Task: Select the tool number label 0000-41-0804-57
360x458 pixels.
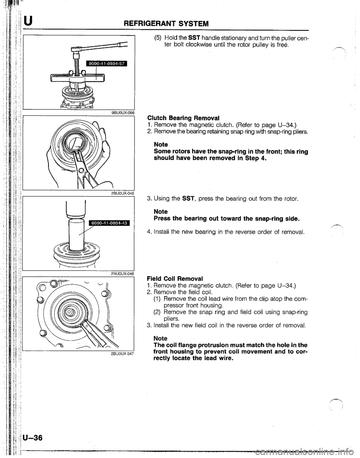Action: point(105,64)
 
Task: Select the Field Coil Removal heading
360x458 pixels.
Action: point(175,278)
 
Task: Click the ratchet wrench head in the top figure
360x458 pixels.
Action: point(76,49)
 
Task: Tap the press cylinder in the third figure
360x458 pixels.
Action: point(76,234)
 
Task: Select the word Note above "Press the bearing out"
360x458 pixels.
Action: point(161,211)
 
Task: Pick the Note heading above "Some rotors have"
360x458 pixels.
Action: point(161,144)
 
